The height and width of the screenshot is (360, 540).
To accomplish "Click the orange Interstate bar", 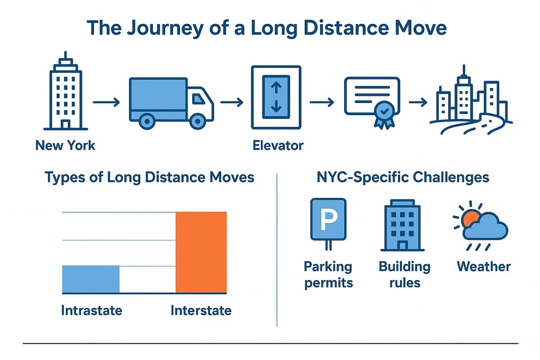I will [x=201, y=252].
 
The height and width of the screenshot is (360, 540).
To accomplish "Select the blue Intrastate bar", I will [x=90, y=279].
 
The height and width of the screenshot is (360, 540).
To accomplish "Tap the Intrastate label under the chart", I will [x=91, y=310].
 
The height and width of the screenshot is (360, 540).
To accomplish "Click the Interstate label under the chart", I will [x=201, y=310].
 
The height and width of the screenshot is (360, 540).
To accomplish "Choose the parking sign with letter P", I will [x=328, y=220].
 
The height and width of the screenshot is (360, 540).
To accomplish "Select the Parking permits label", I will [x=328, y=274].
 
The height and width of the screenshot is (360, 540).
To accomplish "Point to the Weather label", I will [x=484, y=266].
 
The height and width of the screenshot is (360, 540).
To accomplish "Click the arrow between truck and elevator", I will [x=231, y=103].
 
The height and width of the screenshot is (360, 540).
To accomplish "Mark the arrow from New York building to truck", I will [x=106, y=103].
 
